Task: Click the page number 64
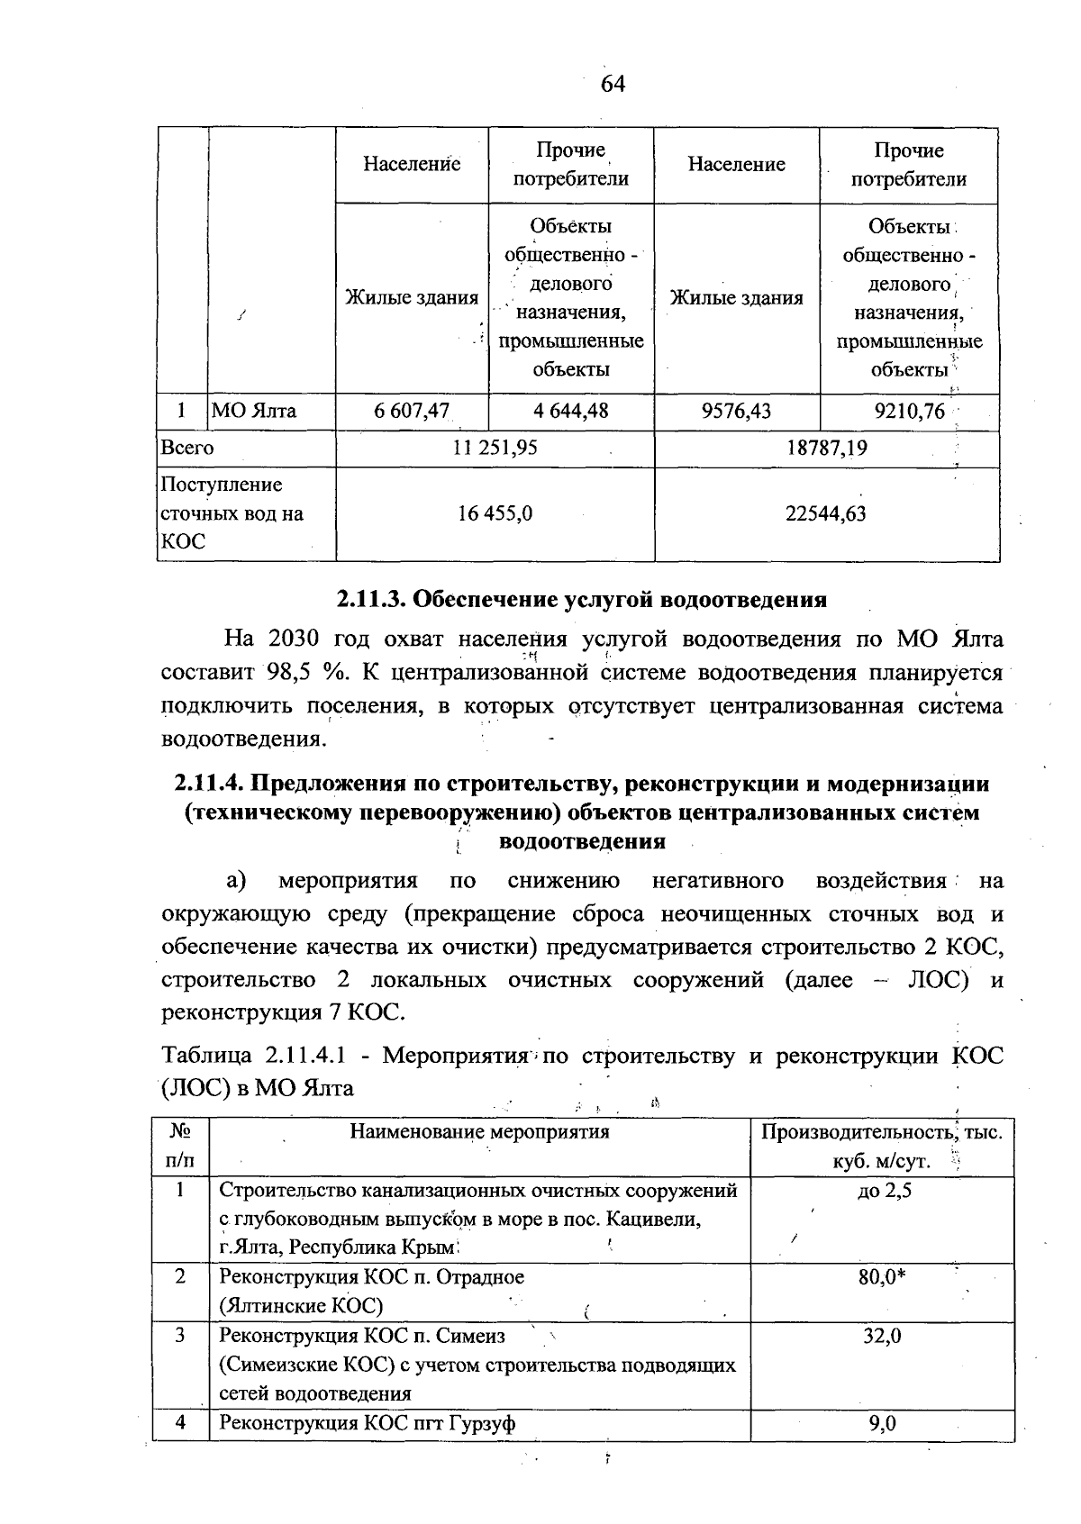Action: click(613, 85)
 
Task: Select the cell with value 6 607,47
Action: click(412, 412)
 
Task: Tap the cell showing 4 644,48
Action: click(570, 412)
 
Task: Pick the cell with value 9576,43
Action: click(736, 412)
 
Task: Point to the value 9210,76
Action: click(909, 412)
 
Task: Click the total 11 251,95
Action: click(495, 448)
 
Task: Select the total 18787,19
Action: click(826, 448)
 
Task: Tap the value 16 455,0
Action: click(495, 513)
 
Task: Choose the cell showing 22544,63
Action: click(826, 513)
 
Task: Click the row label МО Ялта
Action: click(254, 412)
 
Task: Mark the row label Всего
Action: click(186, 448)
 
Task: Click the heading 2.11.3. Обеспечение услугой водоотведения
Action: click(582, 599)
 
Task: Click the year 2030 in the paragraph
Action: click(294, 640)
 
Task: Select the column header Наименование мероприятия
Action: click(479, 1131)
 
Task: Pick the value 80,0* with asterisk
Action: click(883, 1277)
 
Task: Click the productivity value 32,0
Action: click(883, 1336)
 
